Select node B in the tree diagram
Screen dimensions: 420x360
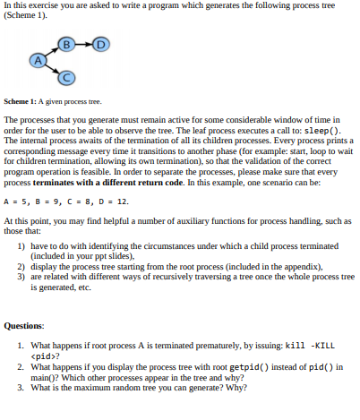click(x=66, y=43)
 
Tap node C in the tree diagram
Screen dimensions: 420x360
click(x=66, y=78)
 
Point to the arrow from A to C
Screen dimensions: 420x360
click(x=52, y=69)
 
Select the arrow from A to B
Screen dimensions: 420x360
click(x=51, y=51)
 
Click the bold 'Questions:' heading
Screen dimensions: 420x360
click(x=25, y=326)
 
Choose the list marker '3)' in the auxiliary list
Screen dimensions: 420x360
click(x=21, y=277)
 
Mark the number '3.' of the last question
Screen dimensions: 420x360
click(x=21, y=388)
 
